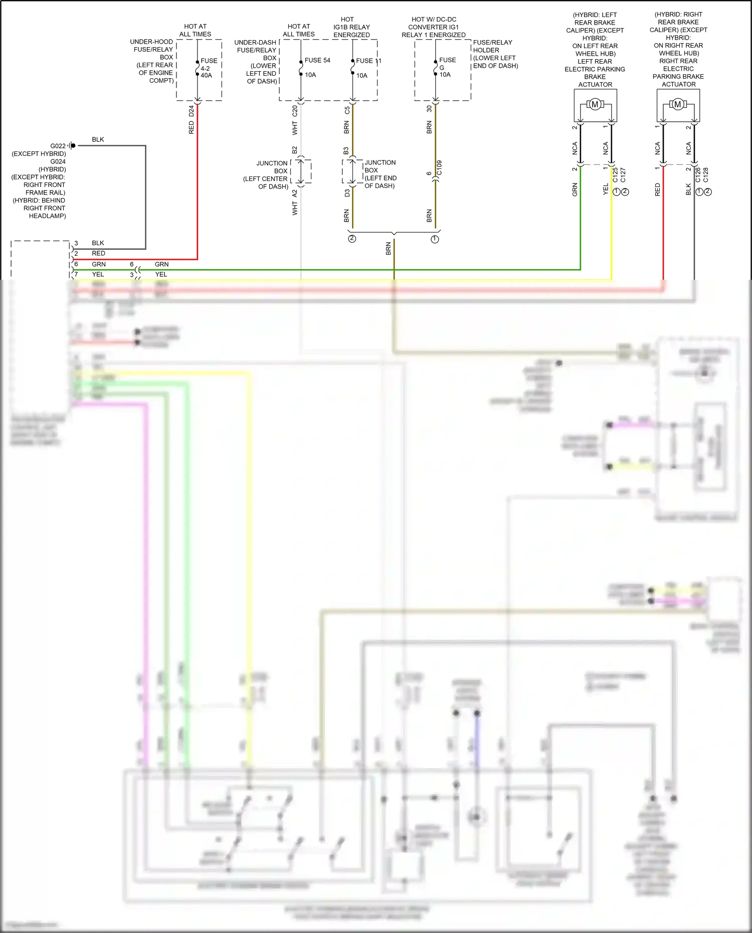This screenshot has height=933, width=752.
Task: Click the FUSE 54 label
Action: click(x=317, y=60)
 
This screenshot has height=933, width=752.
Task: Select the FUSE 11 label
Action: click(x=368, y=61)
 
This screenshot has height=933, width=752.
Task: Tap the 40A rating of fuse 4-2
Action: click(x=206, y=76)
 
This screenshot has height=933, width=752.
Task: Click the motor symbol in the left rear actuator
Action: click(x=595, y=105)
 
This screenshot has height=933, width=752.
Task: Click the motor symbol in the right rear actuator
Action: click(x=678, y=105)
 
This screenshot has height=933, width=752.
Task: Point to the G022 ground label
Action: click(x=58, y=146)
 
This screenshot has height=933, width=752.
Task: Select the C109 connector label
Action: click(x=439, y=168)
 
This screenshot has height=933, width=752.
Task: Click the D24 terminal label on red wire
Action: click(x=191, y=111)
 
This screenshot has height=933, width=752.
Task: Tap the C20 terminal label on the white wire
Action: click(x=295, y=111)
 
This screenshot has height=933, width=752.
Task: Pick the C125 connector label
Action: click(x=615, y=175)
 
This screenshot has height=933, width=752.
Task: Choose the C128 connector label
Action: click(x=706, y=175)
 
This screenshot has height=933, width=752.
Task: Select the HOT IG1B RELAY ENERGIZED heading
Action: click(x=351, y=27)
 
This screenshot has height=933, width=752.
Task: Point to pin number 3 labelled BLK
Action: click(x=76, y=243)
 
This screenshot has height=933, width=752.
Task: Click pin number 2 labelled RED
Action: click(x=76, y=254)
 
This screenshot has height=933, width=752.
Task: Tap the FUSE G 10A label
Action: click(x=446, y=67)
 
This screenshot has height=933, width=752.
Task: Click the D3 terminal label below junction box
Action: click(x=347, y=193)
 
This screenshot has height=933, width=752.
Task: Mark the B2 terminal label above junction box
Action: click(x=295, y=150)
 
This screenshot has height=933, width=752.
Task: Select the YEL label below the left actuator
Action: click(x=606, y=189)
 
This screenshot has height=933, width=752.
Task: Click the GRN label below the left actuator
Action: click(x=575, y=190)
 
